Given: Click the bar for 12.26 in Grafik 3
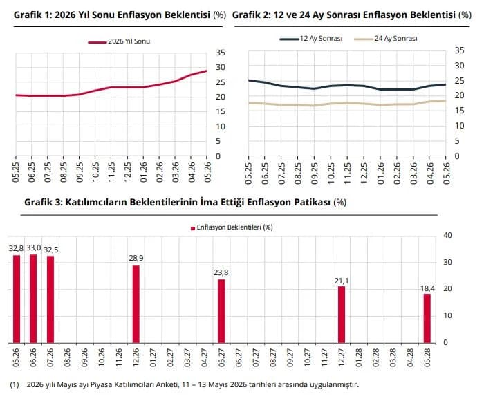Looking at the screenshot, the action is tap(136, 304).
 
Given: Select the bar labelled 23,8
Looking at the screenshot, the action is tap(222, 311).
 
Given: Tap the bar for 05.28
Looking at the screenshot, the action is tap(427, 318).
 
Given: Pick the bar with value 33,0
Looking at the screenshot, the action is tap(33, 299).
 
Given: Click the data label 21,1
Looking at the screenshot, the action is tap(342, 281).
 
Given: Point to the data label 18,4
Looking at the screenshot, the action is tap(427, 288).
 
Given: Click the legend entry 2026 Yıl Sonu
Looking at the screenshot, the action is tap(119, 41).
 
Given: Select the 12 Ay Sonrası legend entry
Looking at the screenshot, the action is tap(311, 39).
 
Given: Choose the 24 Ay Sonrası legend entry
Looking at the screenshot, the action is tap(386, 39).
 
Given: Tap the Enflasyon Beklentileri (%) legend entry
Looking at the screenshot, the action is tap(232, 227).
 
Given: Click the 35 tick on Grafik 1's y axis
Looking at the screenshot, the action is tap(221, 53).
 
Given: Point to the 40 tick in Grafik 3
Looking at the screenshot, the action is tap(447, 235).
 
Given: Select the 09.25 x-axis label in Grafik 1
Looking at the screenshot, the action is tap(80, 172).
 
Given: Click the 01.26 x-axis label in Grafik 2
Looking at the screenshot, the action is tap(380, 174).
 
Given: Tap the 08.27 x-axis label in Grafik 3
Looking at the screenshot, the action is tap(273, 357).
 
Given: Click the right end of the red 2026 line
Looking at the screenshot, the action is tap(206, 71).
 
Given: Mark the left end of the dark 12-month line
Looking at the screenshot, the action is tap(249, 80).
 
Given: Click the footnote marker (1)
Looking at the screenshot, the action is tap(15, 384).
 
